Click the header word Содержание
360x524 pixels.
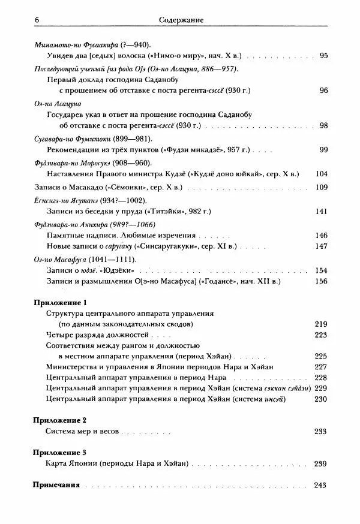click(x=180, y=20)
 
